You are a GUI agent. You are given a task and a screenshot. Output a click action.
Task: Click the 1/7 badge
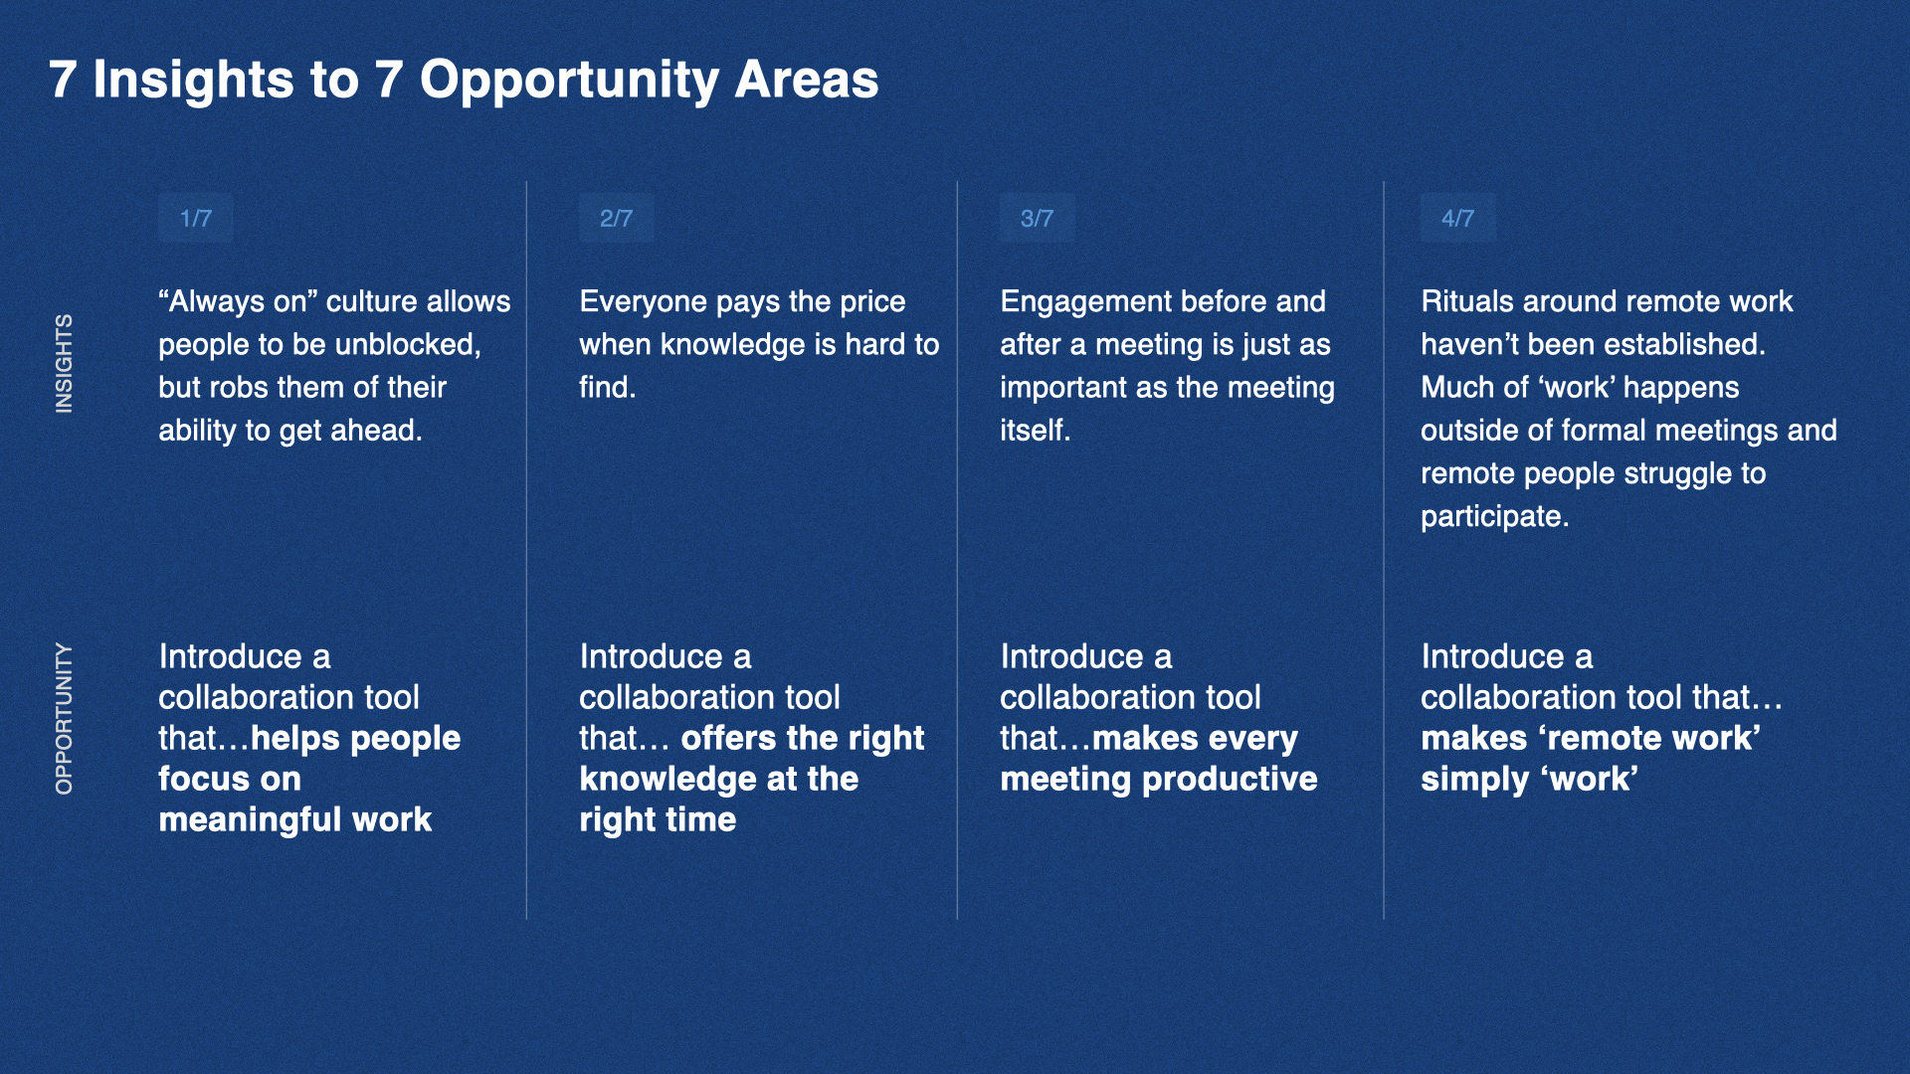(196, 219)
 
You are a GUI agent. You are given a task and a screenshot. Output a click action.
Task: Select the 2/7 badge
(617, 219)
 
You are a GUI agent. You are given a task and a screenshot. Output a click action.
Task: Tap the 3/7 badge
(1038, 219)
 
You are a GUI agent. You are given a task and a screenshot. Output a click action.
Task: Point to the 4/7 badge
(1458, 219)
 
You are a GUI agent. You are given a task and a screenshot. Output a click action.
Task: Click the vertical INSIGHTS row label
(64, 364)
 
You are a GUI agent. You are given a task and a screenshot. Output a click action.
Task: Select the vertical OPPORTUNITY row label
(64, 719)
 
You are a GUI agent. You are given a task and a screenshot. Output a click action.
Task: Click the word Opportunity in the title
(569, 81)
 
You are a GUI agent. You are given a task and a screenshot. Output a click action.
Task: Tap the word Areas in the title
(807, 80)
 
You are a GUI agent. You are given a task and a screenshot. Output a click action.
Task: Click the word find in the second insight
(606, 387)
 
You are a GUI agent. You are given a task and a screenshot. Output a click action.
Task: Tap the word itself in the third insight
(1035, 430)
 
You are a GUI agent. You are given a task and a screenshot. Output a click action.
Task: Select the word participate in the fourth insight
(1494, 517)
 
